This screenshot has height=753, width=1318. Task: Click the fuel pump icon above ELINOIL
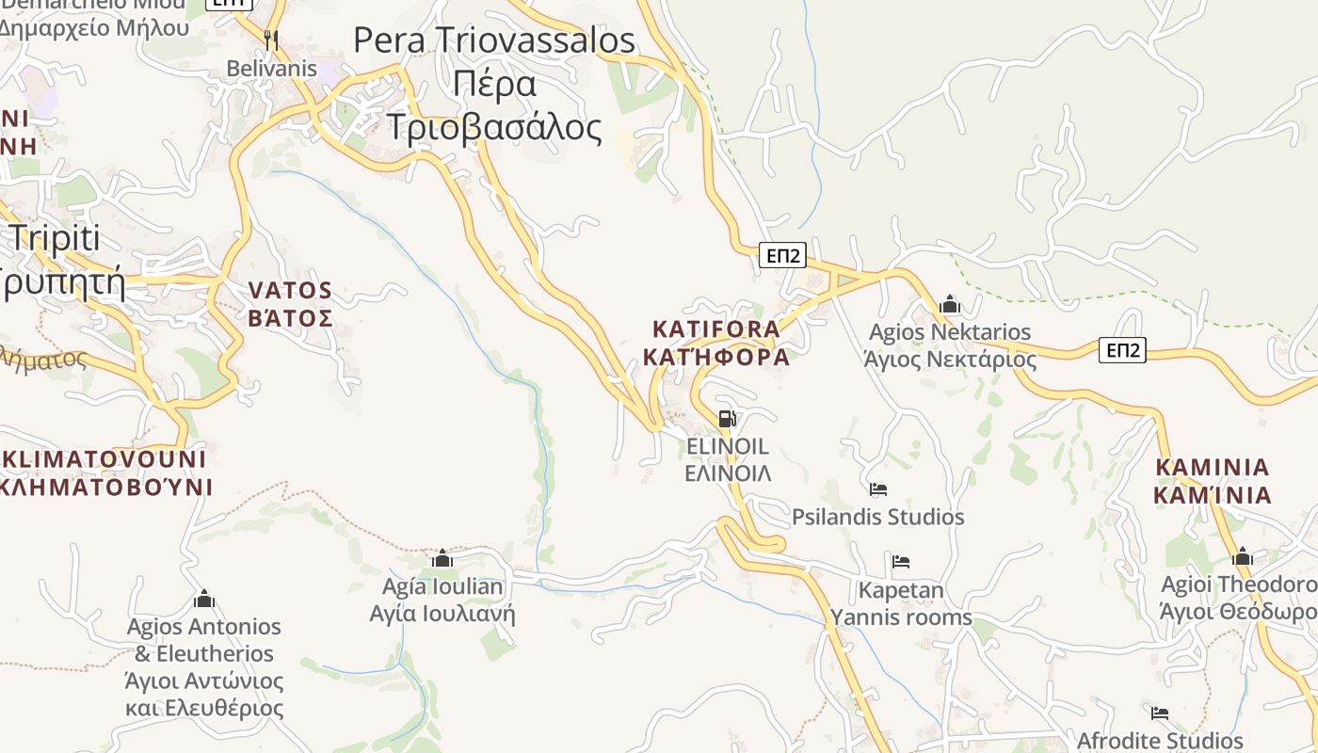(x=727, y=419)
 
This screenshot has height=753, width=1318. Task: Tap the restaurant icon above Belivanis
(x=271, y=40)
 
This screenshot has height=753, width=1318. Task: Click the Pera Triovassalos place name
(x=494, y=40)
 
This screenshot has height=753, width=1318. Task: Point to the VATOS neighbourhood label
(x=290, y=290)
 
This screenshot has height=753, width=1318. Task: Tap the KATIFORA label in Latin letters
(x=716, y=329)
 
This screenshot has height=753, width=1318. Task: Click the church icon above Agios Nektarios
(x=949, y=304)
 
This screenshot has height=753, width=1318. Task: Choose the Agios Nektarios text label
(x=950, y=332)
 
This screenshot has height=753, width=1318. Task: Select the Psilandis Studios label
(x=877, y=517)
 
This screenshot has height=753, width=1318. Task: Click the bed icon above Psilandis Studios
(x=878, y=489)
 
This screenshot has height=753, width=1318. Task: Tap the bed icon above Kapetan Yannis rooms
(x=901, y=562)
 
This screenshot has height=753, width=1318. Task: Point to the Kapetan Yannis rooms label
(x=901, y=604)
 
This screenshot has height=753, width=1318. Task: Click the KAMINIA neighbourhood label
(x=1213, y=467)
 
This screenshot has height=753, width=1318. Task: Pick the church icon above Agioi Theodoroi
(x=1243, y=556)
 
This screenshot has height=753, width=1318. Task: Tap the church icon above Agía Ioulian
(x=442, y=558)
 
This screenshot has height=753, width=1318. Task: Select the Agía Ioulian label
(x=442, y=587)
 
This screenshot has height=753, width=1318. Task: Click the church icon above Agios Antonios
(x=204, y=599)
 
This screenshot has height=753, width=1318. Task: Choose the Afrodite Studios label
(x=1160, y=741)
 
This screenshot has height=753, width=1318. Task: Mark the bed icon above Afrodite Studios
(x=1160, y=713)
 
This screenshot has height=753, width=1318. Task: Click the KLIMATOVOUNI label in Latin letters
(x=104, y=459)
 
